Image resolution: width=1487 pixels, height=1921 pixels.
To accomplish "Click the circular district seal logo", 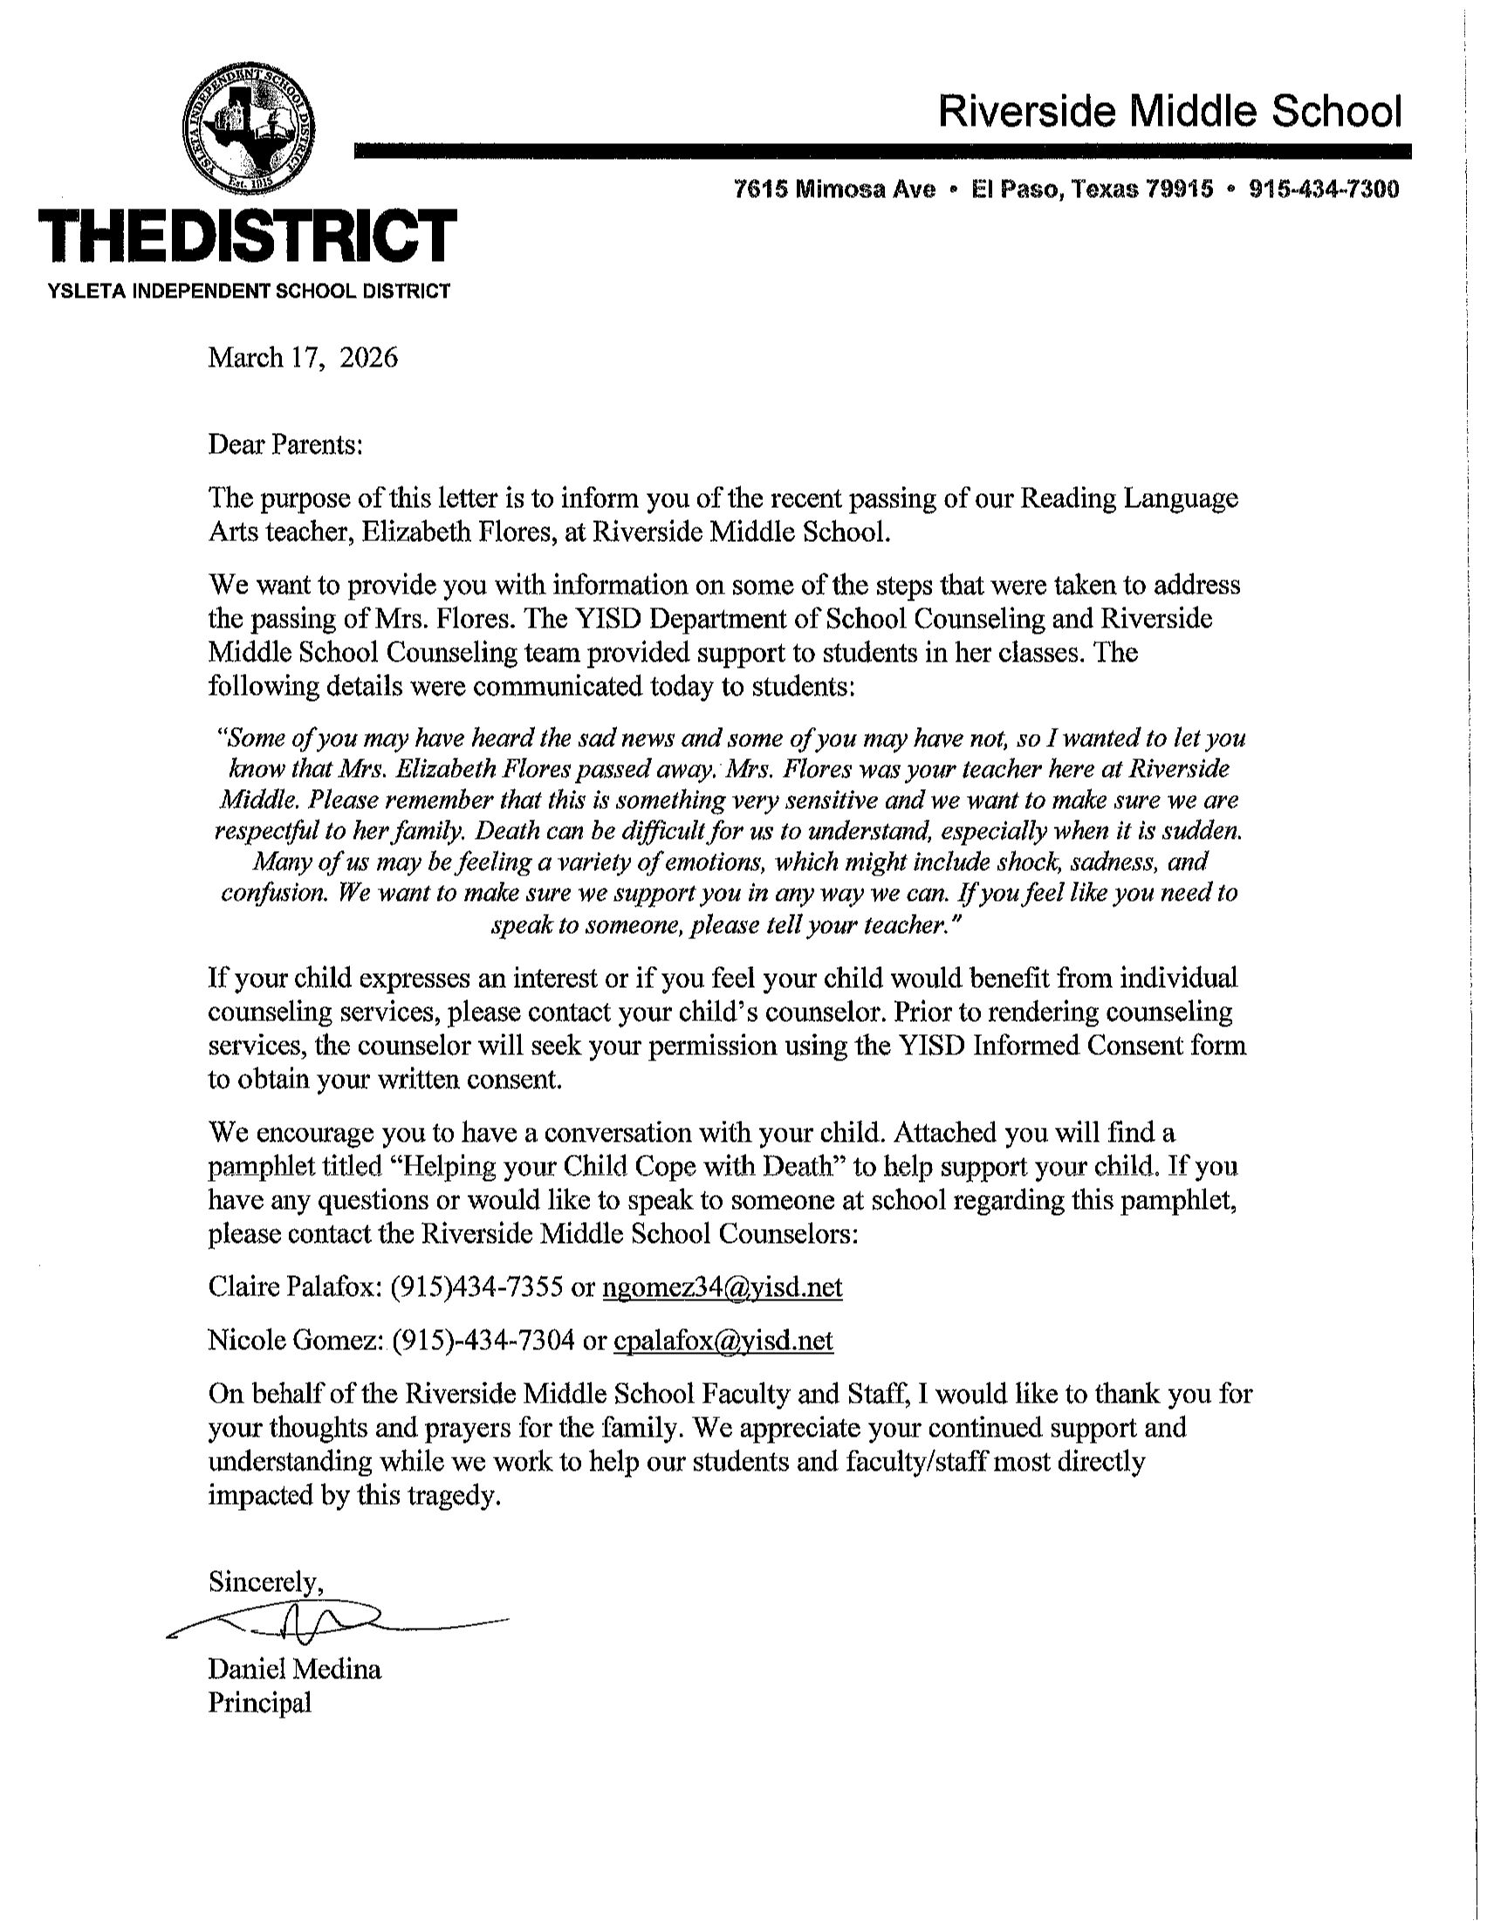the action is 249,129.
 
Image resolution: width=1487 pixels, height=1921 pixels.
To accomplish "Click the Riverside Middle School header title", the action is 1169,112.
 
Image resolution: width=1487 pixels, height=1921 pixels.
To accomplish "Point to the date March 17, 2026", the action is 303,358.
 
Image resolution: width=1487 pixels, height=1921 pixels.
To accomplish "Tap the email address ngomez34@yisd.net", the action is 722,1287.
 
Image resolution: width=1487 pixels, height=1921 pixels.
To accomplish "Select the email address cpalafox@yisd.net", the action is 723,1341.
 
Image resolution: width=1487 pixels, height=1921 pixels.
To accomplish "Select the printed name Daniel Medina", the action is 295,1669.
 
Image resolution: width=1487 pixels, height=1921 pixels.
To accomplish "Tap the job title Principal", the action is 259,1703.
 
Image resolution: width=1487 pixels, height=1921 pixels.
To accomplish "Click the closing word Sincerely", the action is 264,1582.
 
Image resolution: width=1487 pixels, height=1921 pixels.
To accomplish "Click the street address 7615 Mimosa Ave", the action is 834,189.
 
